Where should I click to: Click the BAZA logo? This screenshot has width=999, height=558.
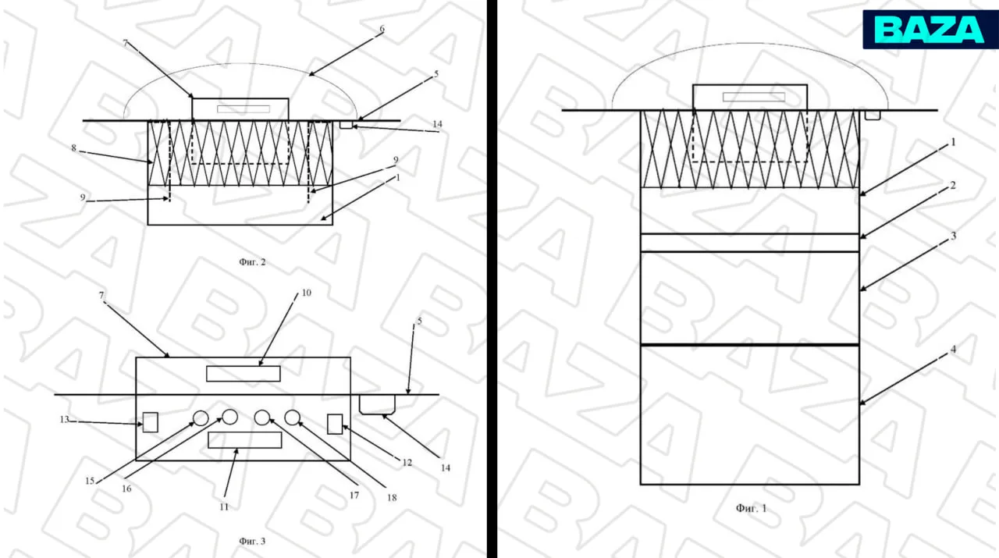[x=930, y=30]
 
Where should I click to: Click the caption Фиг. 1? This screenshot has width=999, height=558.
[x=751, y=508]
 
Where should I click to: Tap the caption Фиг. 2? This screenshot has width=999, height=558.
[x=252, y=261]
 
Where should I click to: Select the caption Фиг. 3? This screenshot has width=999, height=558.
[x=252, y=541]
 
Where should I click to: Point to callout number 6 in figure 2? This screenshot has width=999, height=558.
[x=382, y=29]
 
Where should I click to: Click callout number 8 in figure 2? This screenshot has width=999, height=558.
[x=73, y=148]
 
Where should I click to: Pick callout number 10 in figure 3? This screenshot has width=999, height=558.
[x=307, y=293]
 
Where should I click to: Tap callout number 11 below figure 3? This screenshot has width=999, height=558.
[x=224, y=507]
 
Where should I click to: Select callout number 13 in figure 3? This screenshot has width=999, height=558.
[x=64, y=419]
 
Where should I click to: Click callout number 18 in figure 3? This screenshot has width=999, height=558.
[x=392, y=498]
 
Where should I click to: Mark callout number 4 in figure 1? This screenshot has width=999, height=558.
[x=953, y=350]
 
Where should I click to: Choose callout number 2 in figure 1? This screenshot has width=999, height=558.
[x=953, y=185]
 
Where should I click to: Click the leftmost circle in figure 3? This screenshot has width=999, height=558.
[x=201, y=418]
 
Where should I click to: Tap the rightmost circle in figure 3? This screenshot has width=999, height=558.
[x=292, y=418]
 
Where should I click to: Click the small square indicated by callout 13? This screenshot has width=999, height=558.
[x=151, y=422]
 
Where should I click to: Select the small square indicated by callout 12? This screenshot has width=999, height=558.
[x=335, y=424]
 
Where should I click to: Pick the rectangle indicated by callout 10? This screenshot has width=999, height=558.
[x=243, y=374]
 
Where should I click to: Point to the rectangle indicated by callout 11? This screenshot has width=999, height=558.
[x=245, y=440]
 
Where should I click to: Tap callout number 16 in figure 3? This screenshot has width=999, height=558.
[x=126, y=489]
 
